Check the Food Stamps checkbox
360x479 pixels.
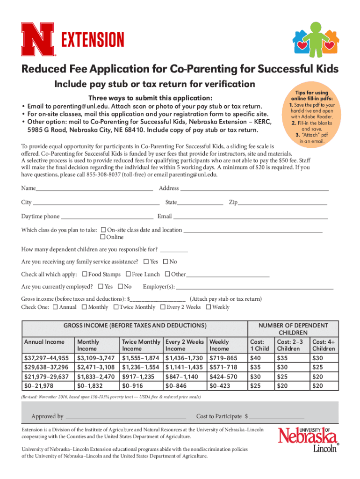[85, 275]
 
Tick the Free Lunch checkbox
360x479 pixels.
[128, 275]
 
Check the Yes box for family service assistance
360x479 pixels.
[146, 262]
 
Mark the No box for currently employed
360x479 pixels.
[121, 287]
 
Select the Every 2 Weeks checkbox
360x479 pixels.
[163, 307]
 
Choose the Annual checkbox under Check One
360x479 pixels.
[56, 307]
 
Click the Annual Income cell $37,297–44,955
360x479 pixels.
[46, 358]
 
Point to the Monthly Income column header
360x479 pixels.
[88, 345]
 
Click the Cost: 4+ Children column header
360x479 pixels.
[324, 345]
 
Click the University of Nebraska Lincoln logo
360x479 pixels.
[308, 440]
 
